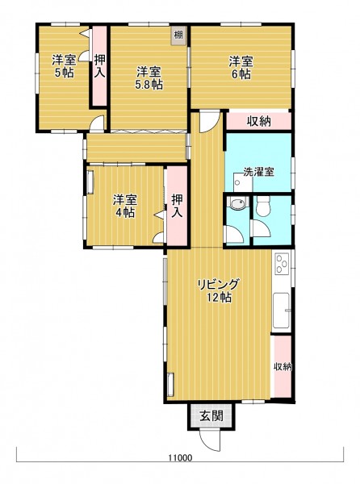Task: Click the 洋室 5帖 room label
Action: click(x=64, y=66)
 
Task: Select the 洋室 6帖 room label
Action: click(x=241, y=68)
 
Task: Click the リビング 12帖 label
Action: click(x=219, y=290)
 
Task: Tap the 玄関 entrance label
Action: click(x=211, y=416)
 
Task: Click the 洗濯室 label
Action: click(x=259, y=172)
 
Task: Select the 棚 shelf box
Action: click(x=178, y=35)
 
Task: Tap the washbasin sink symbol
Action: click(x=237, y=204)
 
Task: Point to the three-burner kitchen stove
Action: click(x=282, y=264)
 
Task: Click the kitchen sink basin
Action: click(x=281, y=311)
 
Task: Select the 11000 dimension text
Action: click(x=180, y=457)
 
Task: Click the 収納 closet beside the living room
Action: click(x=283, y=367)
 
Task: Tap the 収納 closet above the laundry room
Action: click(x=259, y=121)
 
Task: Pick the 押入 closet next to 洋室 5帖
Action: click(x=100, y=67)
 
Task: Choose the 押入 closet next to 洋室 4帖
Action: click(x=177, y=207)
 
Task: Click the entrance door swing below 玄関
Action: click(x=210, y=440)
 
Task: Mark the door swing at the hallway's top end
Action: click(x=210, y=122)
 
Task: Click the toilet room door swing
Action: click(x=262, y=228)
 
